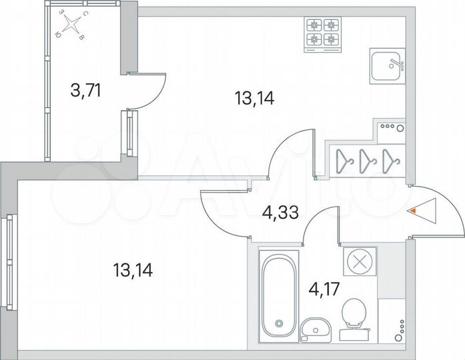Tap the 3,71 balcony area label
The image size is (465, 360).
pos(85,89)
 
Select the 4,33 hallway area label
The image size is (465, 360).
pos(279,214)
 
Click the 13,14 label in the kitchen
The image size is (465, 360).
pos(255,99)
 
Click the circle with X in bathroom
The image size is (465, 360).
pos(359,261)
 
